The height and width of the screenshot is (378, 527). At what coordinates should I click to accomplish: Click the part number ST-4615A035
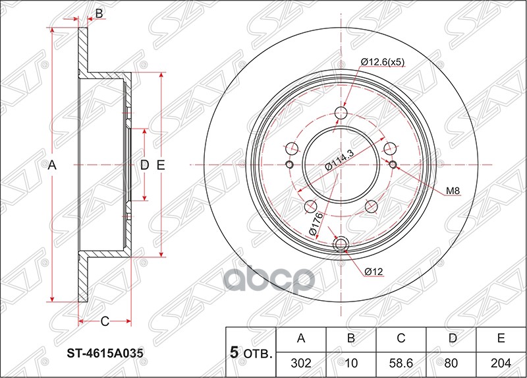click(x=106, y=353)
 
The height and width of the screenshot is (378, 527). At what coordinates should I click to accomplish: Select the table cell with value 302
click(x=301, y=362)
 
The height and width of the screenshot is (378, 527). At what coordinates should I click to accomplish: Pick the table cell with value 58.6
click(x=401, y=362)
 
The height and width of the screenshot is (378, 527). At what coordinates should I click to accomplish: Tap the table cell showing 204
click(x=501, y=362)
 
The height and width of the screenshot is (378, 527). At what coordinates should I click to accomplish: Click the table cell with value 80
click(x=451, y=362)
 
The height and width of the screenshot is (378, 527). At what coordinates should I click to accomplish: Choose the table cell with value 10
click(x=351, y=362)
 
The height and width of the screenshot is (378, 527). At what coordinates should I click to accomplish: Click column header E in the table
click(x=501, y=339)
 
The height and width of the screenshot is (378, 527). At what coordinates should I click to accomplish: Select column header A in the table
click(x=301, y=339)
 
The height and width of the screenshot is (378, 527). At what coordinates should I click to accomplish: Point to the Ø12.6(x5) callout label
click(x=382, y=62)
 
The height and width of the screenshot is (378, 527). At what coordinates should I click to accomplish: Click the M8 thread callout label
click(x=452, y=192)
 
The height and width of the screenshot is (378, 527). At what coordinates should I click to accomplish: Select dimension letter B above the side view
click(x=99, y=13)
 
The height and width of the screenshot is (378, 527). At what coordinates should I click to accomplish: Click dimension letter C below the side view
click(x=104, y=322)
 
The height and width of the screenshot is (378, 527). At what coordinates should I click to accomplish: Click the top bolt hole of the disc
click(x=341, y=113)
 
